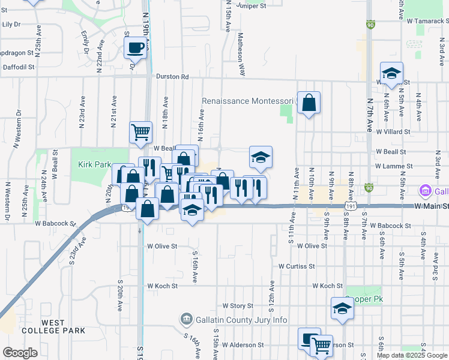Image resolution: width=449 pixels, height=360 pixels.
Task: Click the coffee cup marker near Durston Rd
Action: point(136,48)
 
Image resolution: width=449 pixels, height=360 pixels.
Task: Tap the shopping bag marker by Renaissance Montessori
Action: point(309,103)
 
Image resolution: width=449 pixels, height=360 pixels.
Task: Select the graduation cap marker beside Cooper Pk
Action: point(342,308)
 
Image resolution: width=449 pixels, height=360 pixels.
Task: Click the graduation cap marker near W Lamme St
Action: point(261,158)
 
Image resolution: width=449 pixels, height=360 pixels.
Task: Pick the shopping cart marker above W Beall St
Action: point(141,132)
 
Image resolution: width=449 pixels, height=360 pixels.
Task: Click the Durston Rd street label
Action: point(172,77)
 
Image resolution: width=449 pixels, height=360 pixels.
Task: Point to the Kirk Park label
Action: point(91,164)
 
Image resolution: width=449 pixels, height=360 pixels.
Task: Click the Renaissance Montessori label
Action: point(246,101)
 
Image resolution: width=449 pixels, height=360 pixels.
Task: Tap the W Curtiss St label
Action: point(296,266)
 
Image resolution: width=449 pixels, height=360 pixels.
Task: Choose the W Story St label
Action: point(238,306)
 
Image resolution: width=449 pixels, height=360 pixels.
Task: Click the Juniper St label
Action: point(251,6)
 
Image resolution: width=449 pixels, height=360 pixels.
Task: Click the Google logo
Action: point(20,353)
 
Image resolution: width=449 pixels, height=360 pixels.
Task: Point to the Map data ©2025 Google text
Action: point(411,355)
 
